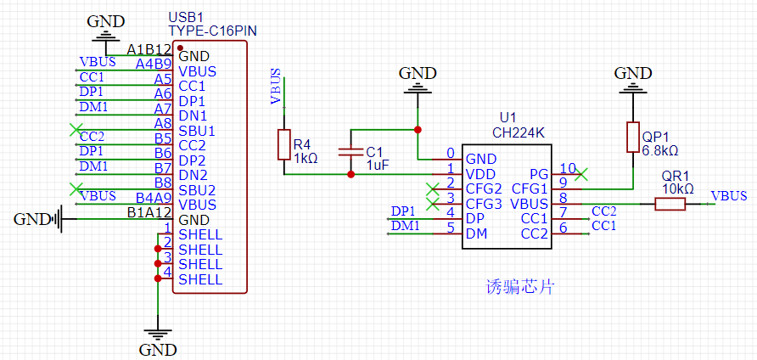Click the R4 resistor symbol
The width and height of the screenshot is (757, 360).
coord(284,145)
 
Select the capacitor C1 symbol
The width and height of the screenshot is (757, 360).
coord(351,153)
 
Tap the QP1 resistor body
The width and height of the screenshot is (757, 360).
coord(633,137)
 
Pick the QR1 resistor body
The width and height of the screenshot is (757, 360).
coord(670,204)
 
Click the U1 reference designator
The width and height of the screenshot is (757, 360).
coord(507,117)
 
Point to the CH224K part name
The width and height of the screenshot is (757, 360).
coord(518,132)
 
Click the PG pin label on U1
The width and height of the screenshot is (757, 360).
coord(539,174)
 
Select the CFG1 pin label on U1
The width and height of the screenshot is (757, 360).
coord(530,188)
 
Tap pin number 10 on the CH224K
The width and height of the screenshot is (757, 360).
coord(569,168)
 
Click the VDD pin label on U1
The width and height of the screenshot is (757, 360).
coord(480,174)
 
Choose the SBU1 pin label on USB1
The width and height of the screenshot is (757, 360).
coord(197,131)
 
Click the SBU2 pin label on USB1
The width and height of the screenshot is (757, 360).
coord(197,189)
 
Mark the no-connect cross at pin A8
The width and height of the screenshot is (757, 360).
coord(76,130)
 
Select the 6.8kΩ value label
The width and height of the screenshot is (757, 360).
coord(660,150)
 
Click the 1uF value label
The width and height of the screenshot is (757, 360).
coord(377,165)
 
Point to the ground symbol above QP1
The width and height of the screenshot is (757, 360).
coord(633,85)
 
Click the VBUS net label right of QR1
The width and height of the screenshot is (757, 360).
coord(729,196)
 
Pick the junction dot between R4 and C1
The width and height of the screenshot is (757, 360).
coord(351,174)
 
